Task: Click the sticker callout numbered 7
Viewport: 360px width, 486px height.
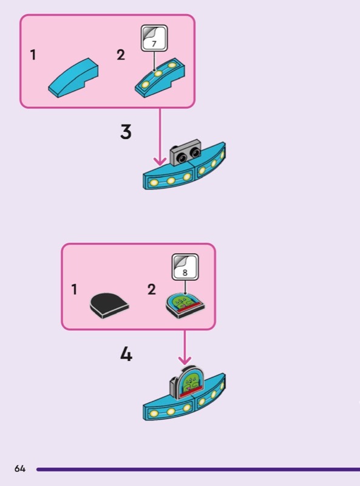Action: tap(154, 38)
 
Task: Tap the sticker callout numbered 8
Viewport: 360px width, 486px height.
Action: tap(185, 267)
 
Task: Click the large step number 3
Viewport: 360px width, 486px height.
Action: tap(126, 132)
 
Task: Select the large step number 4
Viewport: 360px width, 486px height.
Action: tap(126, 354)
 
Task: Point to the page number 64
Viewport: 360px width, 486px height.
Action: tap(20, 468)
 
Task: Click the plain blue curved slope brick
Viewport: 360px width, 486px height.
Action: tap(73, 78)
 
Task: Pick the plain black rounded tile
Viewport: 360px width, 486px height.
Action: tap(109, 306)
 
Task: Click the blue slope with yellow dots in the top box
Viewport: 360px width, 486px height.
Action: tap(160, 78)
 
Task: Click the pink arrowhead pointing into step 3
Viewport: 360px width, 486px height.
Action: tap(160, 161)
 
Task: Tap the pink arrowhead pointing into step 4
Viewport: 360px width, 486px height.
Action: tap(185, 360)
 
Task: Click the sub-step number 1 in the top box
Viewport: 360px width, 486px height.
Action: tap(33, 55)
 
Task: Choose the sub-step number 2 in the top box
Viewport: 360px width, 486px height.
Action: tap(121, 55)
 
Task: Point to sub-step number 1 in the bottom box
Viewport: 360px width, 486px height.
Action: tap(73, 290)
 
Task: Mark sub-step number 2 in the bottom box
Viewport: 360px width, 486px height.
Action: tap(152, 290)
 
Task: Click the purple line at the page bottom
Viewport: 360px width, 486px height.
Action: tap(199, 469)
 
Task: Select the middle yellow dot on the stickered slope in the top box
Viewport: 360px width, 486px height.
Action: tap(158, 74)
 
